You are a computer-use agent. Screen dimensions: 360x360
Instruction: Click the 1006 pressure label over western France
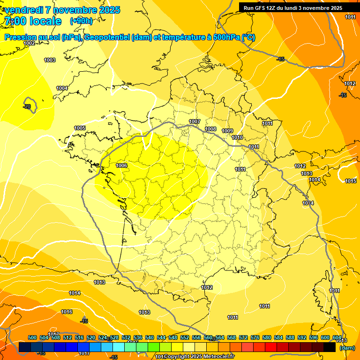[121, 165]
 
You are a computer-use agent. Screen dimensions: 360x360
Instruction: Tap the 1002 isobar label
[29, 43]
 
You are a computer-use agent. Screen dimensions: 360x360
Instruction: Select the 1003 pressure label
[50, 60]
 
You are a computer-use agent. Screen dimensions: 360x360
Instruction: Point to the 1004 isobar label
[62, 88]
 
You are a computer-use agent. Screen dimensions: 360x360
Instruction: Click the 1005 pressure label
[80, 128]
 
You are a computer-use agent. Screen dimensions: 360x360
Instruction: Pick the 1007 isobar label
[195, 121]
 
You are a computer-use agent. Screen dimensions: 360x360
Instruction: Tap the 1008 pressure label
[210, 129]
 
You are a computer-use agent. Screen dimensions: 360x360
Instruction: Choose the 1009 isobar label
[227, 131]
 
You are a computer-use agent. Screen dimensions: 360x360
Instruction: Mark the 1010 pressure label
[237, 137]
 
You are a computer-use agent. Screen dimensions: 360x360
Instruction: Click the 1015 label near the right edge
[350, 181]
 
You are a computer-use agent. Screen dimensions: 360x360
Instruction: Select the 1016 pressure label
[67, 312]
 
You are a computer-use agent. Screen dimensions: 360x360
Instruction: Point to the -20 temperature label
[27, 106]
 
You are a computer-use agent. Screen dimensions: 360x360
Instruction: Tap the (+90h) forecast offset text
[81, 21]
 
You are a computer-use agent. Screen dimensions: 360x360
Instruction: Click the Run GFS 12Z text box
[292, 8]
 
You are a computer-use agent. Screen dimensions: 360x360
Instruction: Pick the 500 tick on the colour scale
[32, 337]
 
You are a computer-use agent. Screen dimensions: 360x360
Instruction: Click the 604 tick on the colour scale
[337, 337]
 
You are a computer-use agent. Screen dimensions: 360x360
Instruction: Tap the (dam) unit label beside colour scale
[347, 348]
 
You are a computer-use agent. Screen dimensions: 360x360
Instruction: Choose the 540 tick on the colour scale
[150, 337]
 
